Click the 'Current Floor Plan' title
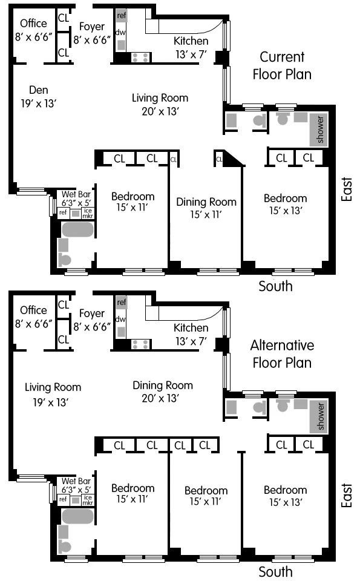click(x=282, y=65)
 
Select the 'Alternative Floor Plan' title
click(x=282, y=354)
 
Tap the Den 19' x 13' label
click(x=38, y=97)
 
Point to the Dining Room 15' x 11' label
click(x=206, y=208)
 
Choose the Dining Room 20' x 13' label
click(x=163, y=392)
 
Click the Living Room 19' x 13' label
click(x=53, y=394)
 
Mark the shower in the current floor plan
click(x=319, y=129)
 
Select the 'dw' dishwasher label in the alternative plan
click(x=120, y=319)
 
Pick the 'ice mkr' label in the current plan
click(x=87, y=212)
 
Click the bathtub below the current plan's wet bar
click(x=77, y=231)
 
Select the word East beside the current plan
click(x=346, y=189)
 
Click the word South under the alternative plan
click(x=275, y=572)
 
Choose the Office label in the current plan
click(x=33, y=24)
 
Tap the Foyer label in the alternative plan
click(x=91, y=313)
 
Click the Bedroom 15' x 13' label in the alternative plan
click(x=285, y=496)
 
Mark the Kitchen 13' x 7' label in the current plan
click(x=191, y=47)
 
